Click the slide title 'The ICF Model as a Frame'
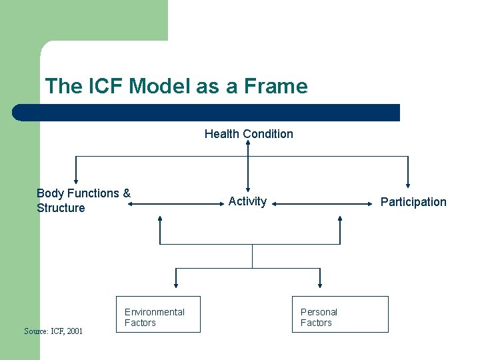point(176,86)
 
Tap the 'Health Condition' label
point(249,134)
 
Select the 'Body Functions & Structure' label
point(83,201)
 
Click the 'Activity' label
point(247,201)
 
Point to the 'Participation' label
point(413,202)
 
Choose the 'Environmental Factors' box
point(158,315)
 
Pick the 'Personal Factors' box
point(340,315)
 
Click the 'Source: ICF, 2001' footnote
point(53,331)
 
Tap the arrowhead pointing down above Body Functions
point(76,180)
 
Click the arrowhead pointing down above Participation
point(407,185)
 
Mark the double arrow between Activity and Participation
point(323,205)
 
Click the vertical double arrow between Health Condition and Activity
point(248,167)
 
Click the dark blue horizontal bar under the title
point(207,113)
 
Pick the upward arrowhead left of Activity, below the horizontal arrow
point(160,219)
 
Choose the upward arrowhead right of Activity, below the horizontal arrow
point(339,219)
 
